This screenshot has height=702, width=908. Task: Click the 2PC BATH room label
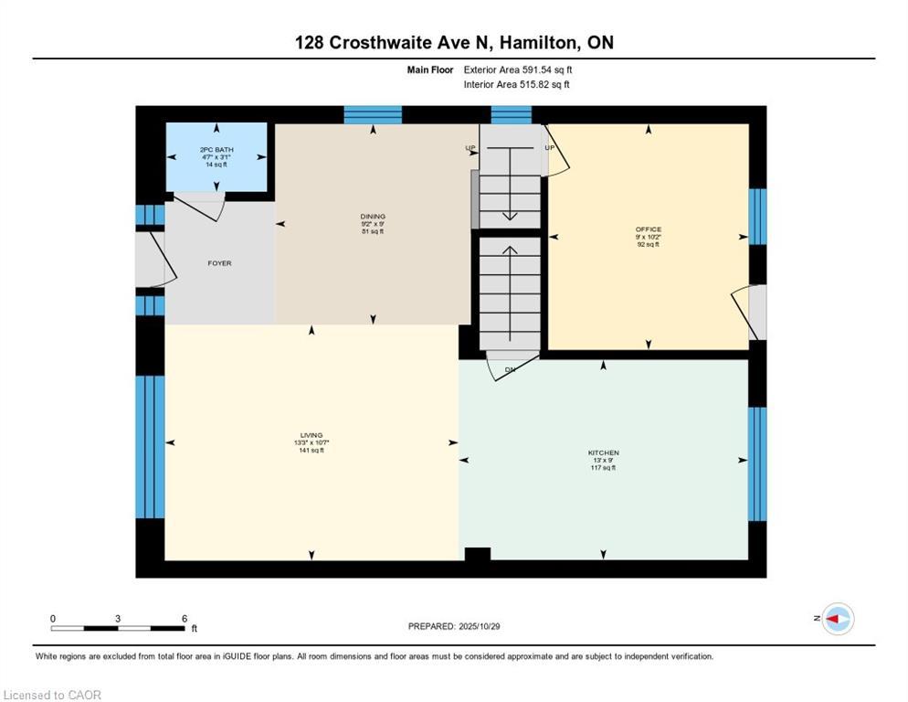click(216, 150)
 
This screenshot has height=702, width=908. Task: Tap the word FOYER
click(219, 263)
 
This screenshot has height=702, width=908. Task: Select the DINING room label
click(373, 217)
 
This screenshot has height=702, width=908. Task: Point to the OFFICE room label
click(648, 229)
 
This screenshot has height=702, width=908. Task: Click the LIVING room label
click(311, 435)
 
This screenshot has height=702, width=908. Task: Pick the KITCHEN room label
click(604, 452)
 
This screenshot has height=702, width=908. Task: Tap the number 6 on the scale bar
click(185, 619)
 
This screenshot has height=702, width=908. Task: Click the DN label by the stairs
click(510, 370)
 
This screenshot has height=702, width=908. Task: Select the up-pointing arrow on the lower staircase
click(510, 293)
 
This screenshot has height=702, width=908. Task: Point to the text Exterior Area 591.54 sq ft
click(518, 69)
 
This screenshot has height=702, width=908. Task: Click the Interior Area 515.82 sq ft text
click(516, 85)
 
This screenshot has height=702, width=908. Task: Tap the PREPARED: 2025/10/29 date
click(454, 627)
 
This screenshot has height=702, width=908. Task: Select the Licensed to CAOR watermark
click(52, 695)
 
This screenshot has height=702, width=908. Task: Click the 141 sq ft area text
click(311, 451)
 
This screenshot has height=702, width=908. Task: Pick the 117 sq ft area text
click(604, 468)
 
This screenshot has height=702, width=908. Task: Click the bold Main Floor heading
click(430, 69)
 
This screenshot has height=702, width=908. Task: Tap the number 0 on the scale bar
click(53, 619)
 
